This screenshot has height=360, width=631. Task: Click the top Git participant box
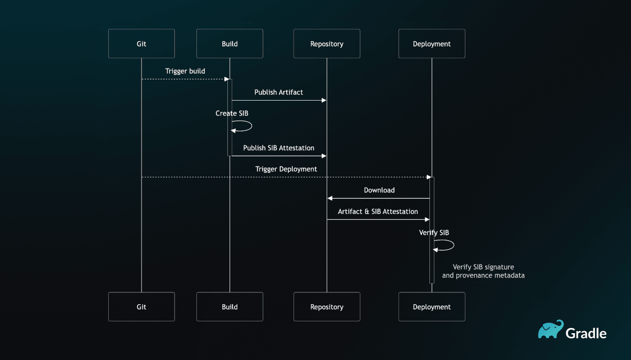(x=141, y=44)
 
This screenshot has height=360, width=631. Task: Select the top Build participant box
(x=229, y=44)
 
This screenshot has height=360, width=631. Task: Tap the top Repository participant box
(x=327, y=44)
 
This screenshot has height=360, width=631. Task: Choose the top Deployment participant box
(x=431, y=44)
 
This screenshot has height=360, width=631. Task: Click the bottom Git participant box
(x=141, y=307)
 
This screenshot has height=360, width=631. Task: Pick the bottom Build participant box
(x=229, y=307)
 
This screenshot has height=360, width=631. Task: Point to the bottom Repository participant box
(x=327, y=307)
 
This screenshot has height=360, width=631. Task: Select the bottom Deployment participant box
(x=431, y=307)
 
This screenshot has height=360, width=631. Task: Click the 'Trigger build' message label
(x=185, y=71)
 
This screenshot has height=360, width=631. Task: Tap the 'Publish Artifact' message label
(x=278, y=92)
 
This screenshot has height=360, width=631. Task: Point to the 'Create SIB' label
(x=232, y=113)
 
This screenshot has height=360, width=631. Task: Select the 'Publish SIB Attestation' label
(x=278, y=148)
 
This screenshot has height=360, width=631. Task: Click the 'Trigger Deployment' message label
(x=286, y=169)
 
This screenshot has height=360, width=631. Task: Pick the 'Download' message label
(x=379, y=190)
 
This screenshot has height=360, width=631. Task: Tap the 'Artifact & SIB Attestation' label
(x=378, y=211)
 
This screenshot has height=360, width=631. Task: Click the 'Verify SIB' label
(x=434, y=233)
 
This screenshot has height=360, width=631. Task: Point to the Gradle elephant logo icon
(x=550, y=330)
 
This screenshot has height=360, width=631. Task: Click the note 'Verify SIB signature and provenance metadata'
(x=483, y=271)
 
